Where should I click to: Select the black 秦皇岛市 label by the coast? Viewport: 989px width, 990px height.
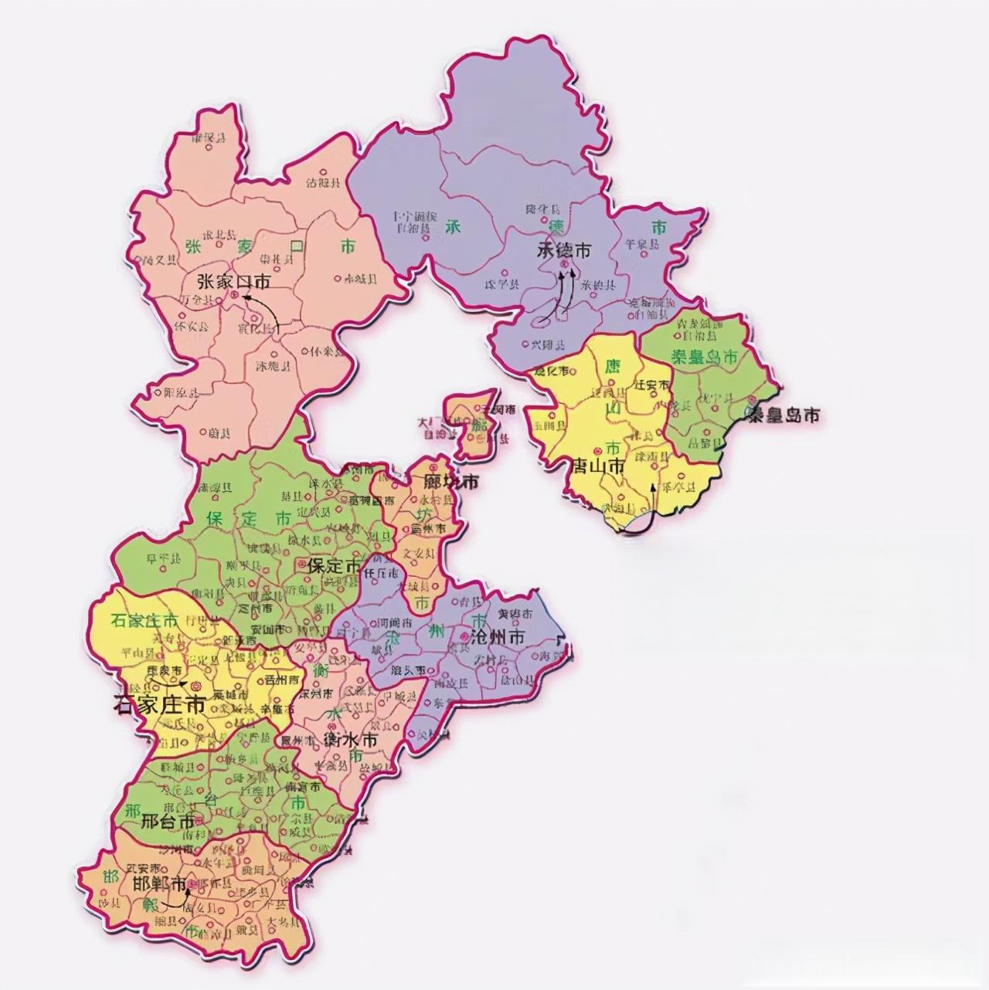pyautogui.click(x=781, y=415)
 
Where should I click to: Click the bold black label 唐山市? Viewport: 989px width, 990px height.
pyautogui.click(x=596, y=466)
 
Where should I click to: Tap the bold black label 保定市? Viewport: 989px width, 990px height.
pyautogui.click(x=333, y=566)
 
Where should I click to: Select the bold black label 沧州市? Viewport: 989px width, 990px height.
pyautogui.click(x=498, y=638)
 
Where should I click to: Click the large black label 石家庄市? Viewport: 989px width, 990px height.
pyautogui.click(x=158, y=705)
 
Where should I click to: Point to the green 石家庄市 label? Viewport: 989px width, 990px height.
pyautogui.click(x=145, y=620)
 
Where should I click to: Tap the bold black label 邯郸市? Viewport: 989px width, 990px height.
pyautogui.click(x=159, y=885)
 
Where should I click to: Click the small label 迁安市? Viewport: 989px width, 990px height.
pyautogui.click(x=651, y=383)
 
